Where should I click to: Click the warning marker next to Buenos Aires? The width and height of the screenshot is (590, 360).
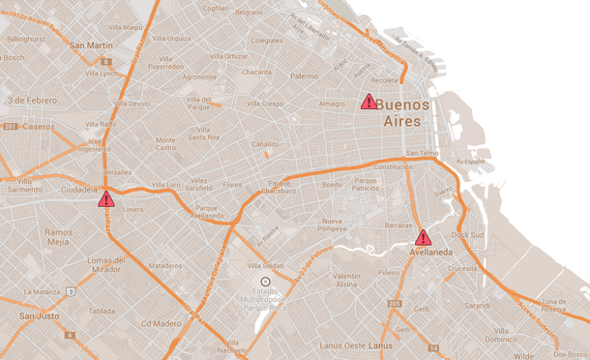(x=369, y=102)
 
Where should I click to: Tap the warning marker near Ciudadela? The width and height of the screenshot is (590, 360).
(x=105, y=199)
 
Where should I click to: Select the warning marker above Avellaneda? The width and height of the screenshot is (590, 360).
(x=423, y=237)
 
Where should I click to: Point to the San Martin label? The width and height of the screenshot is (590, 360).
(x=92, y=45)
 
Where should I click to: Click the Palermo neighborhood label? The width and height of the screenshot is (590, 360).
(x=304, y=75)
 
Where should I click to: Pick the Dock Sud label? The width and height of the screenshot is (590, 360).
(x=466, y=234)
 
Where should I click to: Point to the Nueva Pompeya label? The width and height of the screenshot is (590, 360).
(x=339, y=226)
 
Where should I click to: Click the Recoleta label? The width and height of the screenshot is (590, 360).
(x=384, y=80)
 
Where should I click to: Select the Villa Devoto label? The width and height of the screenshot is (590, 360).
(x=128, y=104)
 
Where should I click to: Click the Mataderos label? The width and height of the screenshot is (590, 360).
(x=165, y=265)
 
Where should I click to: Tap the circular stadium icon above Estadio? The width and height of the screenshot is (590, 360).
(x=266, y=281)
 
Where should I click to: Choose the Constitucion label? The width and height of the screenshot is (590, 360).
(x=394, y=166)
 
